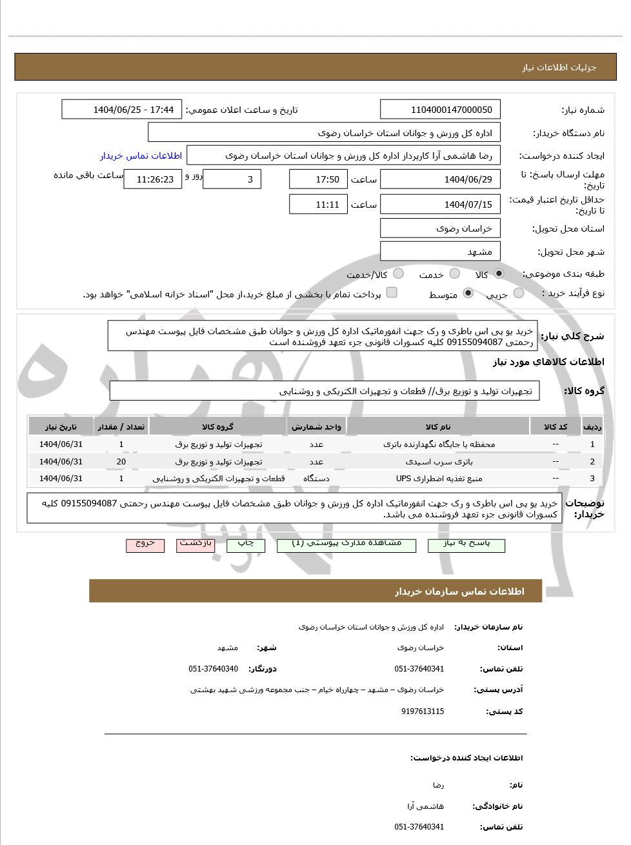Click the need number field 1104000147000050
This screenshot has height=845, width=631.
440,110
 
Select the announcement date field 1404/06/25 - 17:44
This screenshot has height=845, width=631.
122,110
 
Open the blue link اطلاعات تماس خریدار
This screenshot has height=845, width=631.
141,155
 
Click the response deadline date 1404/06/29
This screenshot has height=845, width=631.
440,179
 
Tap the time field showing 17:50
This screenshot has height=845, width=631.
318,179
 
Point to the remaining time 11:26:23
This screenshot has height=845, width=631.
152,179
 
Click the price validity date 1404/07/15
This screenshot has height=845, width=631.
440,204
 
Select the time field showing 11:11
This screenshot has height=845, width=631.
318,204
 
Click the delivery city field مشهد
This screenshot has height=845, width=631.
440,252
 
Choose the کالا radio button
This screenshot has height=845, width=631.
499,273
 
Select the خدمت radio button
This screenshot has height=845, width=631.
455,273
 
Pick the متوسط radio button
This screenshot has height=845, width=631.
468,293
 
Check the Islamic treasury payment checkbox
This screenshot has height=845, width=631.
392,293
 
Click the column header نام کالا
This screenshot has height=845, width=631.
439,426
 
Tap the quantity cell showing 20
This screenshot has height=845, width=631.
121,461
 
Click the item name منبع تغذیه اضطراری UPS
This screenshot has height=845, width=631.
439,478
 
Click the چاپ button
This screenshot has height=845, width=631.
246,544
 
